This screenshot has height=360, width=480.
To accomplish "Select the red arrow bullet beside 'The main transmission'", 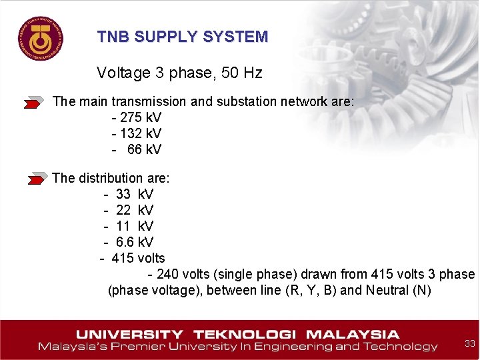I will (34, 103).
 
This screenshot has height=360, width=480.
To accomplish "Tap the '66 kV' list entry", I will (144, 149).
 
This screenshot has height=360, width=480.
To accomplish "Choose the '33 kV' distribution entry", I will (134, 194).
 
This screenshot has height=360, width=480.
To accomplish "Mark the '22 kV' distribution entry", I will (134, 210).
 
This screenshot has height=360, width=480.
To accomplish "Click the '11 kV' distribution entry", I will (134, 226).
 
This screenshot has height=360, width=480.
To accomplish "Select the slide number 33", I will (470, 343).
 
